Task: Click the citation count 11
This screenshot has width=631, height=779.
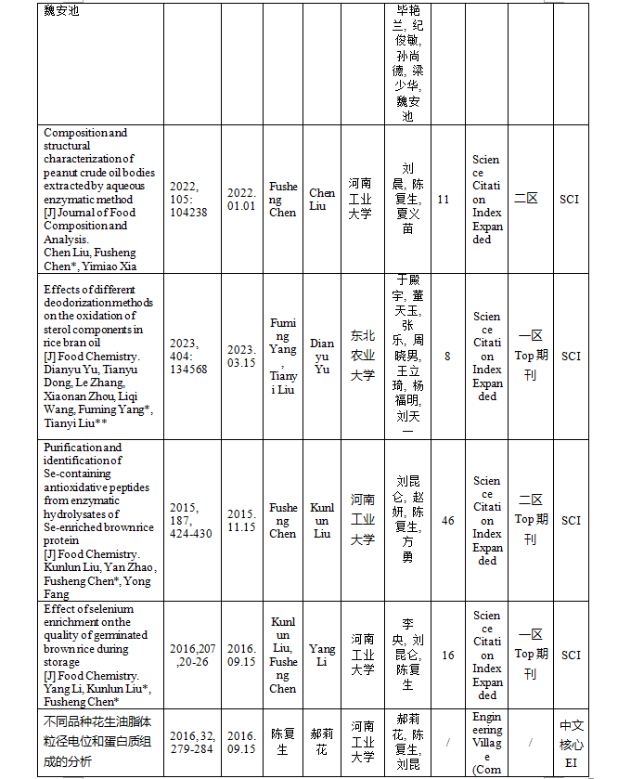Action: [443, 200]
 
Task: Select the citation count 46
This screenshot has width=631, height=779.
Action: [448, 521]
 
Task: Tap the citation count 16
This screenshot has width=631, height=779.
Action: [448, 656]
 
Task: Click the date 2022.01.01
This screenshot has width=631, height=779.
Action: [241, 200]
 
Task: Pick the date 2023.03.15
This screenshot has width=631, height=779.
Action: [241, 357]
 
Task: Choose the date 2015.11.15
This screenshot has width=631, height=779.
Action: [241, 521]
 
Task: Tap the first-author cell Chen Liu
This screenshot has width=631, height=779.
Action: [322, 200]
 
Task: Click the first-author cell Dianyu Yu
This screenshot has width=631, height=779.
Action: [322, 357]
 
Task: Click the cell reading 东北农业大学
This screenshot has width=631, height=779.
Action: [362, 357]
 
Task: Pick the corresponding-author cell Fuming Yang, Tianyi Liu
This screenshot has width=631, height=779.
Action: [283, 357]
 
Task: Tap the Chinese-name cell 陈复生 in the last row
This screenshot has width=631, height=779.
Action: [283, 743]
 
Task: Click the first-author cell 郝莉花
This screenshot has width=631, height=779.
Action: [322, 743]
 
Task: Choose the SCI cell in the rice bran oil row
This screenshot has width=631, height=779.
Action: [571, 357]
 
